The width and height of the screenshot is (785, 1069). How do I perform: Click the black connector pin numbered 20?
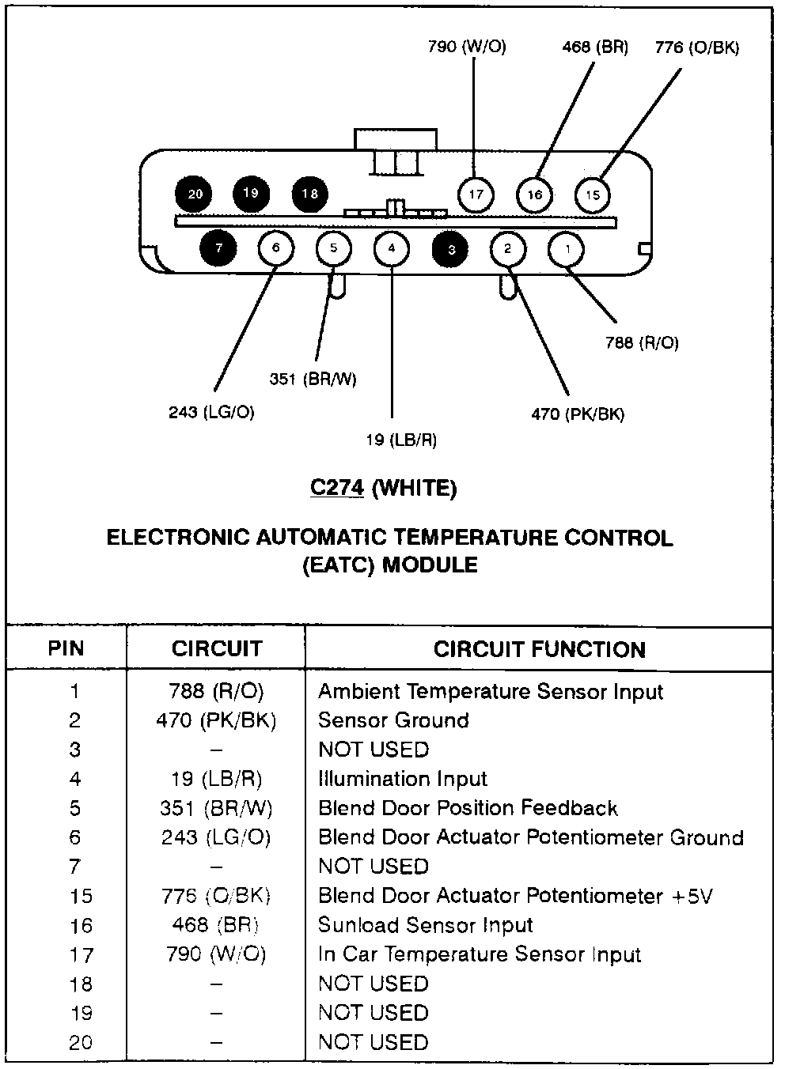click(195, 194)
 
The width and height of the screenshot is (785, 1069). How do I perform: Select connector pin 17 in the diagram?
click(476, 194)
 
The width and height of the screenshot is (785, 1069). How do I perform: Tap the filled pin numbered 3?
click(451, 250)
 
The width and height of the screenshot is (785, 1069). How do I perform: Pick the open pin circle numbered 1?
click(567, 250)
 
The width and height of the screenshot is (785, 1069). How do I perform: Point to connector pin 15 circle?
click(593, 194)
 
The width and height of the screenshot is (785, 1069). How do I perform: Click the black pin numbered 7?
click(219, 248)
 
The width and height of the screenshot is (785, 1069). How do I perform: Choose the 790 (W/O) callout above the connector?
click(467, 47)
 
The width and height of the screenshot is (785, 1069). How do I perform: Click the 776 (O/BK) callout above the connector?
click(696, 47)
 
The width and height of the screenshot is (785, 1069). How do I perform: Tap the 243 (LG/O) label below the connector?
click(211, 412)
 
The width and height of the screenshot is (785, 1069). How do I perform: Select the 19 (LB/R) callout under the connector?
click(401, 440)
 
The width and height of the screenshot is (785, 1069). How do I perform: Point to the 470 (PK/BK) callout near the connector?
click(578, 414)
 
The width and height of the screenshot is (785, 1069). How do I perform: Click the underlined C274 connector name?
click(337, 488)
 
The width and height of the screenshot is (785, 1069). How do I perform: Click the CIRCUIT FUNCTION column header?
click(539, 650)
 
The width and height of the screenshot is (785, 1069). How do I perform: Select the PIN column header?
click(66, 649)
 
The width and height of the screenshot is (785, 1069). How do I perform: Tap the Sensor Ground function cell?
click(393, 720)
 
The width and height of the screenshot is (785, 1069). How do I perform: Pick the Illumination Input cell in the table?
click(402, 779)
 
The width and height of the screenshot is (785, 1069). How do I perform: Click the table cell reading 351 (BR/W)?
click(216, 808)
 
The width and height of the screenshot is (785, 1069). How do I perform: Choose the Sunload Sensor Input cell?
click(425, 925)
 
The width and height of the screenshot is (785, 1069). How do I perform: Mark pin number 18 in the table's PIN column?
click(80, 984)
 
